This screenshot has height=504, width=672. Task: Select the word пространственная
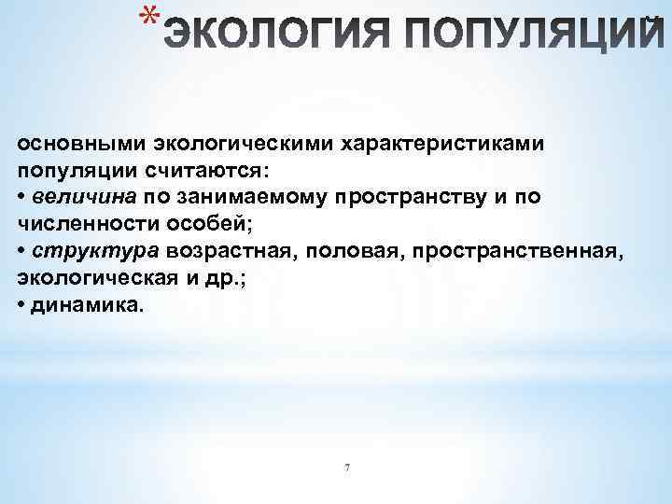pyautogui.click(x=512, y=250)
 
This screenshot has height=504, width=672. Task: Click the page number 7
pyautogui.click(x=346, y=467)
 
